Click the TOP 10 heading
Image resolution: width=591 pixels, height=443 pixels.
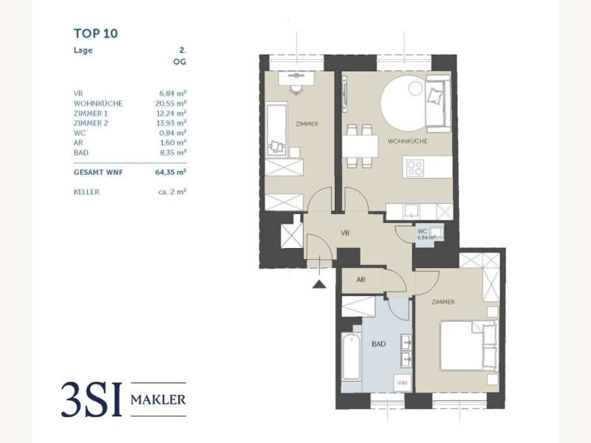pyautogui.click(x=96, y=33)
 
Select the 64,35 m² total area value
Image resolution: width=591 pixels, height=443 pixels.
pyautogui.click(x=171, y=173)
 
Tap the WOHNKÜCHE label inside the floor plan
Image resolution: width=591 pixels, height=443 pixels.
pyautogui.click(x=408, y=141)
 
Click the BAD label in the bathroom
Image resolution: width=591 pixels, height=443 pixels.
pyautogui.click(x=378, y=344)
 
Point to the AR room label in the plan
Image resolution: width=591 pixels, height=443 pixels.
pyautogui.click(x=361, y=280)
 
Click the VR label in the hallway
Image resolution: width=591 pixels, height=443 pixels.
pyautogui.click(x=345, y=233)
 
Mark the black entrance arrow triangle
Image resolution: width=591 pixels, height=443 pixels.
pyautogui.click(x=319, y=284)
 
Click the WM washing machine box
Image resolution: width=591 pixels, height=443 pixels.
pyautogui.click(x=402, y=383)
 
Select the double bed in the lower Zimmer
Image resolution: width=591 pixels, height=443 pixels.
pyautogui.click(x=469, y=346)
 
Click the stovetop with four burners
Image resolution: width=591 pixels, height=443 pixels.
pyautogui.click(x=415, y=168)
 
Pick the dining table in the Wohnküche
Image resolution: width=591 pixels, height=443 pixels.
pyautogui.click(x=360, y=146)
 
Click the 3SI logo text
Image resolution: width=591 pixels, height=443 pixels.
pyautogui.click(x=92, y=399)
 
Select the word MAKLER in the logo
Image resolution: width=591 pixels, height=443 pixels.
pyautogui.click(x=158, y=399)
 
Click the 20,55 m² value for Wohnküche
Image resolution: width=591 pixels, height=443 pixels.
pyautogui.click(x=171, y=103)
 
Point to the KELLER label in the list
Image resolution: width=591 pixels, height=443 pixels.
pyautogui.click(x=86, y=192)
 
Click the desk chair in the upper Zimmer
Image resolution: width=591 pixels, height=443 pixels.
pyautogui.click(x=296, y=89)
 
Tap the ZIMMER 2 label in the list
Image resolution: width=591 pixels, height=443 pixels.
pyautogui.click(x=91, y=123)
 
